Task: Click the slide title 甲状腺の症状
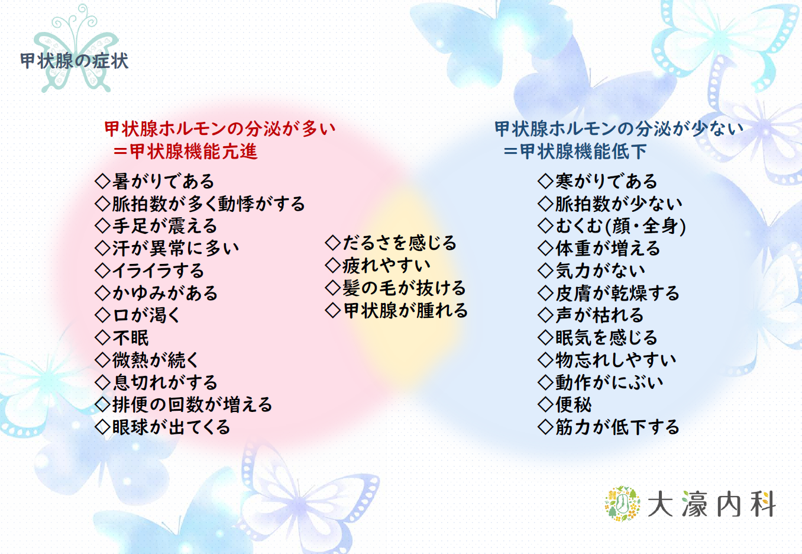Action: click(x=74, y=61)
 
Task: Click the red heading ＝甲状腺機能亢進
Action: click(x=185, y=151)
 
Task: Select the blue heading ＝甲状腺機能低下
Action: click(x=575, y=151)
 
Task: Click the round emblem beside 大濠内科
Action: click(x=623, y=504)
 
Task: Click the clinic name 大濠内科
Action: click(x=712, y=504)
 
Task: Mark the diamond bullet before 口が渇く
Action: click(x=103, y=315)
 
